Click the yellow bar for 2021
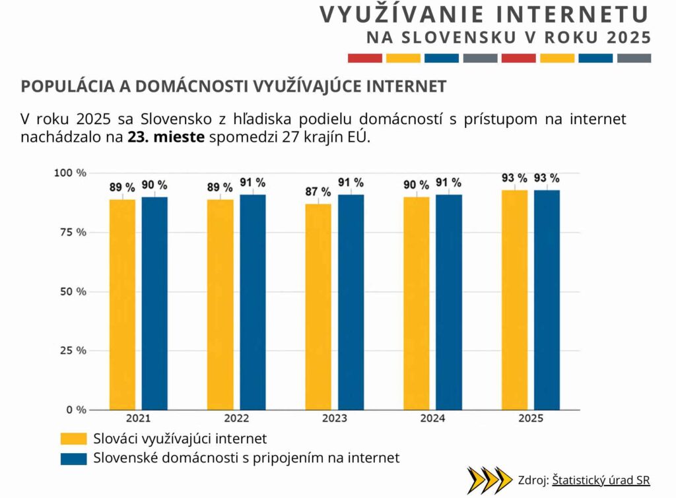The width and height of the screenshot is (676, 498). (122, 304)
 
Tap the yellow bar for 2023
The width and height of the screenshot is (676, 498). (318, 307)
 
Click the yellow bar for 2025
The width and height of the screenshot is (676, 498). (514, 299)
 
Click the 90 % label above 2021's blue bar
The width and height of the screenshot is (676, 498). (154, 185)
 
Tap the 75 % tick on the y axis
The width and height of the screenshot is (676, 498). (70, 232)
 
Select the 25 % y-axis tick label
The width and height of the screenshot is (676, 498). (70, 350)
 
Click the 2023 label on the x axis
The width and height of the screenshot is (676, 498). (334, 419)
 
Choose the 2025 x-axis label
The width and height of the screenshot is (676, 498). (531, 419)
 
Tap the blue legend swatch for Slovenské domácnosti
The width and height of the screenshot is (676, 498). (73, 458)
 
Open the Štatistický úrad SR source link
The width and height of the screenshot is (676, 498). (601, 480)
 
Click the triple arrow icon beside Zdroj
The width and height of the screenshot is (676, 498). (489, 480)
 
